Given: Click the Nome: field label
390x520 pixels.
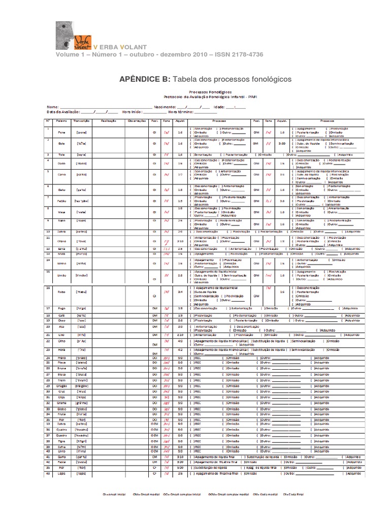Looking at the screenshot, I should pos(52,107).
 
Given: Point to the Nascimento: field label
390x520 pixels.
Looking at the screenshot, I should pos(164,107).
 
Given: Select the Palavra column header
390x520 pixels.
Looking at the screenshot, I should pos(61,121).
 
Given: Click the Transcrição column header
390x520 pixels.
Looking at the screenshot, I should pos(81,121).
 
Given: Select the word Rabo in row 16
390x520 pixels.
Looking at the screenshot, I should pos(61,292).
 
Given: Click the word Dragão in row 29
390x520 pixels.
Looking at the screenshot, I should pos(61,386).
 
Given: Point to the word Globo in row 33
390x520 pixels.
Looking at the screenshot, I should pos(61,408).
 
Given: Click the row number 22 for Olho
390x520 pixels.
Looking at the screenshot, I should pos(48,342).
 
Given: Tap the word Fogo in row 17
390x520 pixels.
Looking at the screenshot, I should pos(61,308).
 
